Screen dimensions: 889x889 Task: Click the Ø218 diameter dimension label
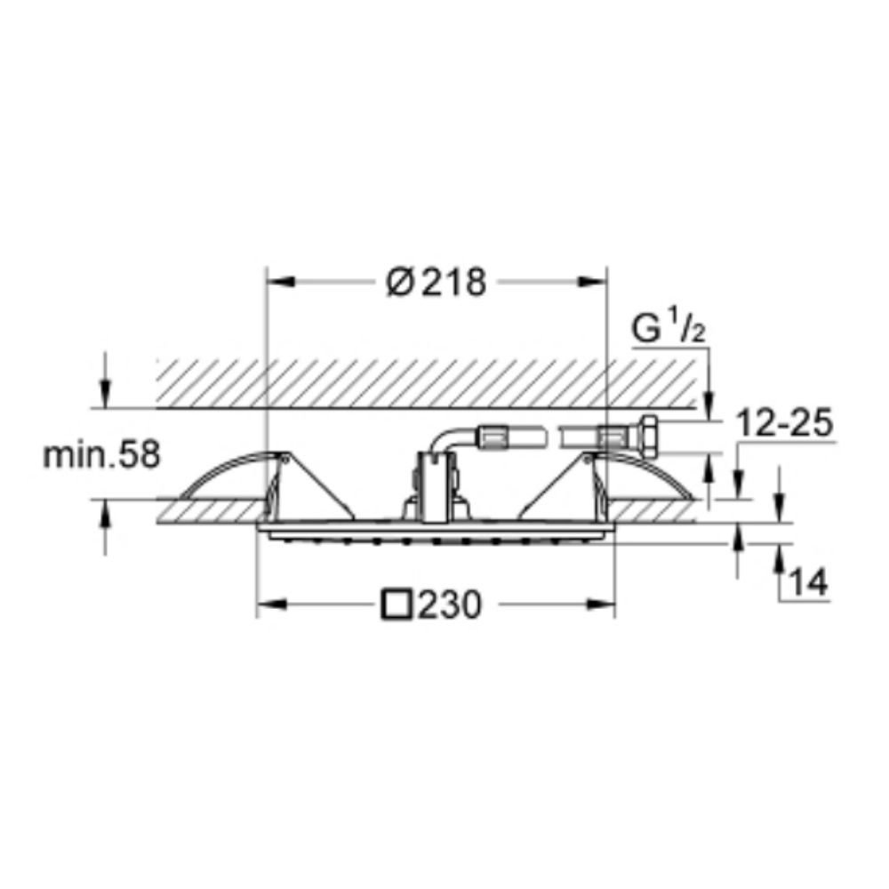[436, 282]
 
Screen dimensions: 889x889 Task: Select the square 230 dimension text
[431, 605]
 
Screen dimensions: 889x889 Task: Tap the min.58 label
[102, 455]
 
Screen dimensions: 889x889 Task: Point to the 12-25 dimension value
[784, 423]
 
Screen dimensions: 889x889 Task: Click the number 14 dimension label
[809, 581]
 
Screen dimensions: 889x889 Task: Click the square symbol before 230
[396, 605]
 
